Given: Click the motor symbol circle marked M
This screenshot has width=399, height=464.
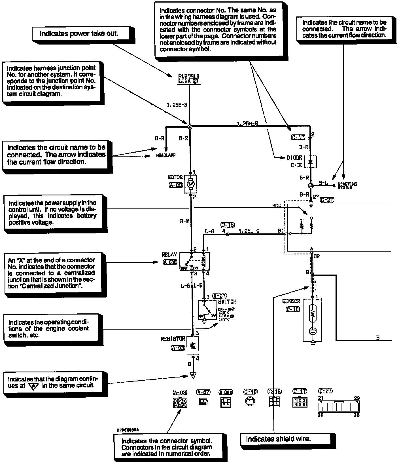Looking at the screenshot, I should click(x=190, y=184).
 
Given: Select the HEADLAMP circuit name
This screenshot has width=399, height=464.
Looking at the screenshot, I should click(x=166, y=155).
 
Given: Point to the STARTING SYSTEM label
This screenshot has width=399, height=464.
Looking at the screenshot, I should click(x=347, y=185).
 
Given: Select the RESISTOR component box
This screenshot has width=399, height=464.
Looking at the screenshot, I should click(x=193, y=345).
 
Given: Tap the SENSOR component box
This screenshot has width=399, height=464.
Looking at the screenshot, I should click(x=312, y=319).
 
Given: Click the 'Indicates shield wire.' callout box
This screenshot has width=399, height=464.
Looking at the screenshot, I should click(x=285, y=439).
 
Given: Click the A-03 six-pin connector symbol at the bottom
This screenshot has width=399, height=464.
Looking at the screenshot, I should click(x=180, y=403).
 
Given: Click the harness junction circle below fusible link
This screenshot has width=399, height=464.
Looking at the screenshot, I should click(x=190, y=126).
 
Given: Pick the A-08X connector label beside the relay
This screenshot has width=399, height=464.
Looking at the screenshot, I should click(x=170, y=262).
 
